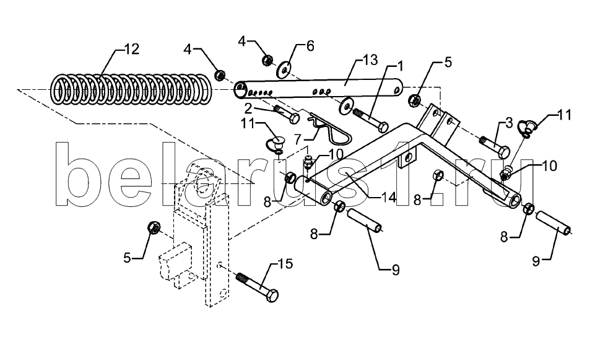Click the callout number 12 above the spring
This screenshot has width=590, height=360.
131,49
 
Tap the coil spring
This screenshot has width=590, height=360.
131,89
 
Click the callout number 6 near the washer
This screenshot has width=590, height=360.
310,46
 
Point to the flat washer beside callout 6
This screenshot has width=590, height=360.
284,68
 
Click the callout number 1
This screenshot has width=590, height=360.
399,67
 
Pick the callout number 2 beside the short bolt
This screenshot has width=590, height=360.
248,108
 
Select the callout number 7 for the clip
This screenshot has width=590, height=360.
298,139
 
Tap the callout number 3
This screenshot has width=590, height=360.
509,123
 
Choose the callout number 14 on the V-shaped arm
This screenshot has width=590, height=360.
388,197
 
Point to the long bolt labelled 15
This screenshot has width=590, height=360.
258,287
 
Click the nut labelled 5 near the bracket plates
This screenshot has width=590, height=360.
415,100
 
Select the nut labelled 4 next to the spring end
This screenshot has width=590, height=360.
220,74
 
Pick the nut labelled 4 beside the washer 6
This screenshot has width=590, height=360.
267,60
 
